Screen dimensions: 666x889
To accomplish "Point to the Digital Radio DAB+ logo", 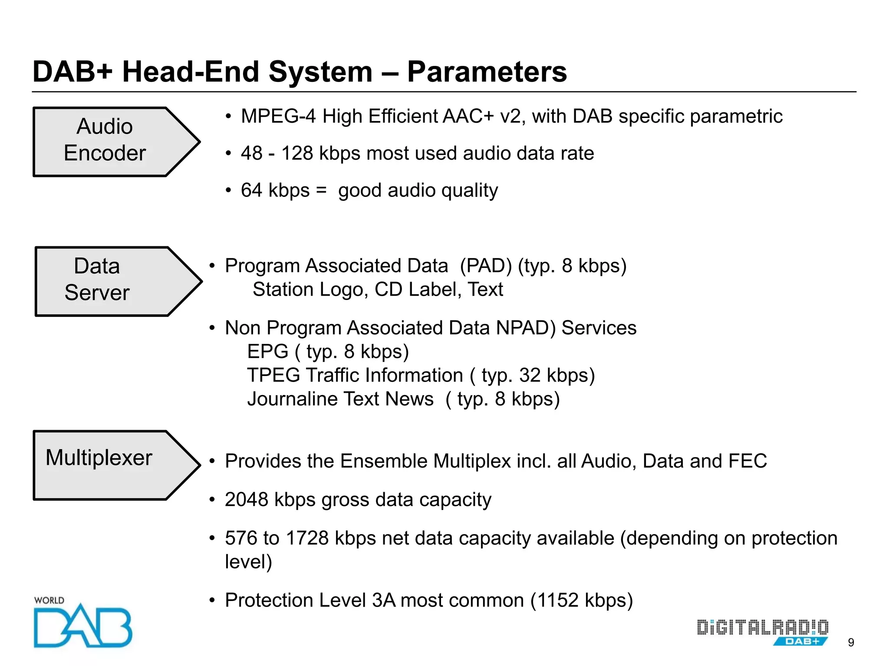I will [762, 632].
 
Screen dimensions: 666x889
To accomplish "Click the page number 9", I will [851, 643].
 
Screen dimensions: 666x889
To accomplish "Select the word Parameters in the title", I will [487, 72].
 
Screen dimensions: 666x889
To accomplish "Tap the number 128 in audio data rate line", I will [297, 153].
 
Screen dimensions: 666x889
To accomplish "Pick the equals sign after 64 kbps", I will [321, 190].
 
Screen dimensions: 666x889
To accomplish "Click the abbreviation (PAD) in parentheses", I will [486, 266].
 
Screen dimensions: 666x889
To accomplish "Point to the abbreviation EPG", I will [267, 351].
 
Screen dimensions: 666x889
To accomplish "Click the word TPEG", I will [273, 375].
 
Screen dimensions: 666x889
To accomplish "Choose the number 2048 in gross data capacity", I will [246, 499].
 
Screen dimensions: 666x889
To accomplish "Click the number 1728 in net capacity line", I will [307, 538].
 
